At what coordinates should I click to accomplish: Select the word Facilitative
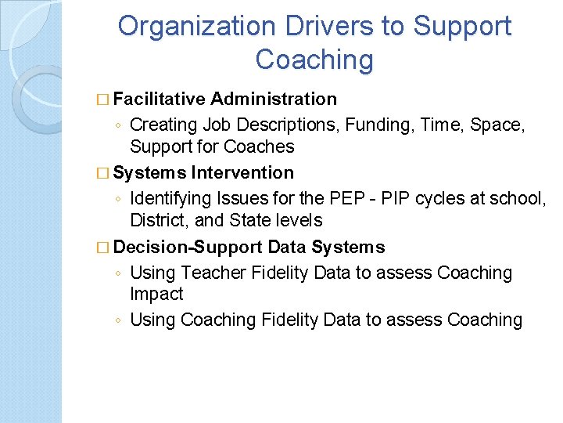pyautogui.click(x=159, y=99)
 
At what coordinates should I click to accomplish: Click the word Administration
pyautogui.click(x=274, y=99)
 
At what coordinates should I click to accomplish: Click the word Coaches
pyautogui.click(x=259, y=146)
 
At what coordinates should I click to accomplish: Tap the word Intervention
pyautogui.click(x=242, y=172)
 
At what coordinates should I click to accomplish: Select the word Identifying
pyautogui.click(x=174, y=198)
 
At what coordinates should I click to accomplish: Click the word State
pyautogui.click(x=251, y=221)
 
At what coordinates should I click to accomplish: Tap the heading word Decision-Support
pyautogui.click(x=188, y=248)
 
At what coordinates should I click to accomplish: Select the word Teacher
pyautogui.click(x=213, y=273)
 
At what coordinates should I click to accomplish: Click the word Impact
pyautogui.click(x=156, y=294)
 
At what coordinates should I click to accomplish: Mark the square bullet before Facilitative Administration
pyautogui.click(x=106, y=99)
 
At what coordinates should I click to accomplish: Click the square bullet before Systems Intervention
pyautogui.click(x=106, y=172)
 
